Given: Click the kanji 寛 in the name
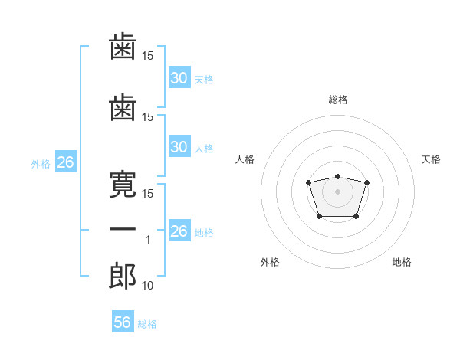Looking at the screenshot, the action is (123, 185).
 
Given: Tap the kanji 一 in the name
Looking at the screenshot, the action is (123, 229).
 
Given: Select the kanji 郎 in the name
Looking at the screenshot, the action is (123, 277).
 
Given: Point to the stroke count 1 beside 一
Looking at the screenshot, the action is (148, 240).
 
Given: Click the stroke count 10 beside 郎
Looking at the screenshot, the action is (147, 286).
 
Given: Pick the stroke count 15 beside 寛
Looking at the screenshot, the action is (147, 194).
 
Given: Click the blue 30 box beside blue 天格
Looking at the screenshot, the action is (179, 77).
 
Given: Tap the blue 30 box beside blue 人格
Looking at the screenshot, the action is (179, 146).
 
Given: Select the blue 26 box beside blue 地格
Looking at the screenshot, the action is (179, 230).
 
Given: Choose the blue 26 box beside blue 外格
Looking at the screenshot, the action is (66, 162).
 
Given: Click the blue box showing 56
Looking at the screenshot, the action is (123, 321).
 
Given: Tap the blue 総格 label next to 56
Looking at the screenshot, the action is (147, 324).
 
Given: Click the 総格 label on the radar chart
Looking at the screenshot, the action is (338, 100).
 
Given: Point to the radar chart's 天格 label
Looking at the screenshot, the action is (431, 159).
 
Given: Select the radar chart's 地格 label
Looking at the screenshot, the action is (402, 262).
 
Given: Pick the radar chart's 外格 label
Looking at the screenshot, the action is (270, 262).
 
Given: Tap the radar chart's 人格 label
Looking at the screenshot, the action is (245, 159).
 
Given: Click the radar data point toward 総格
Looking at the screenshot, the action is (338, 176).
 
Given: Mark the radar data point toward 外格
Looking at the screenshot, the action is (320, 216).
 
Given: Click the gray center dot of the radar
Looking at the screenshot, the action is (337, 191).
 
